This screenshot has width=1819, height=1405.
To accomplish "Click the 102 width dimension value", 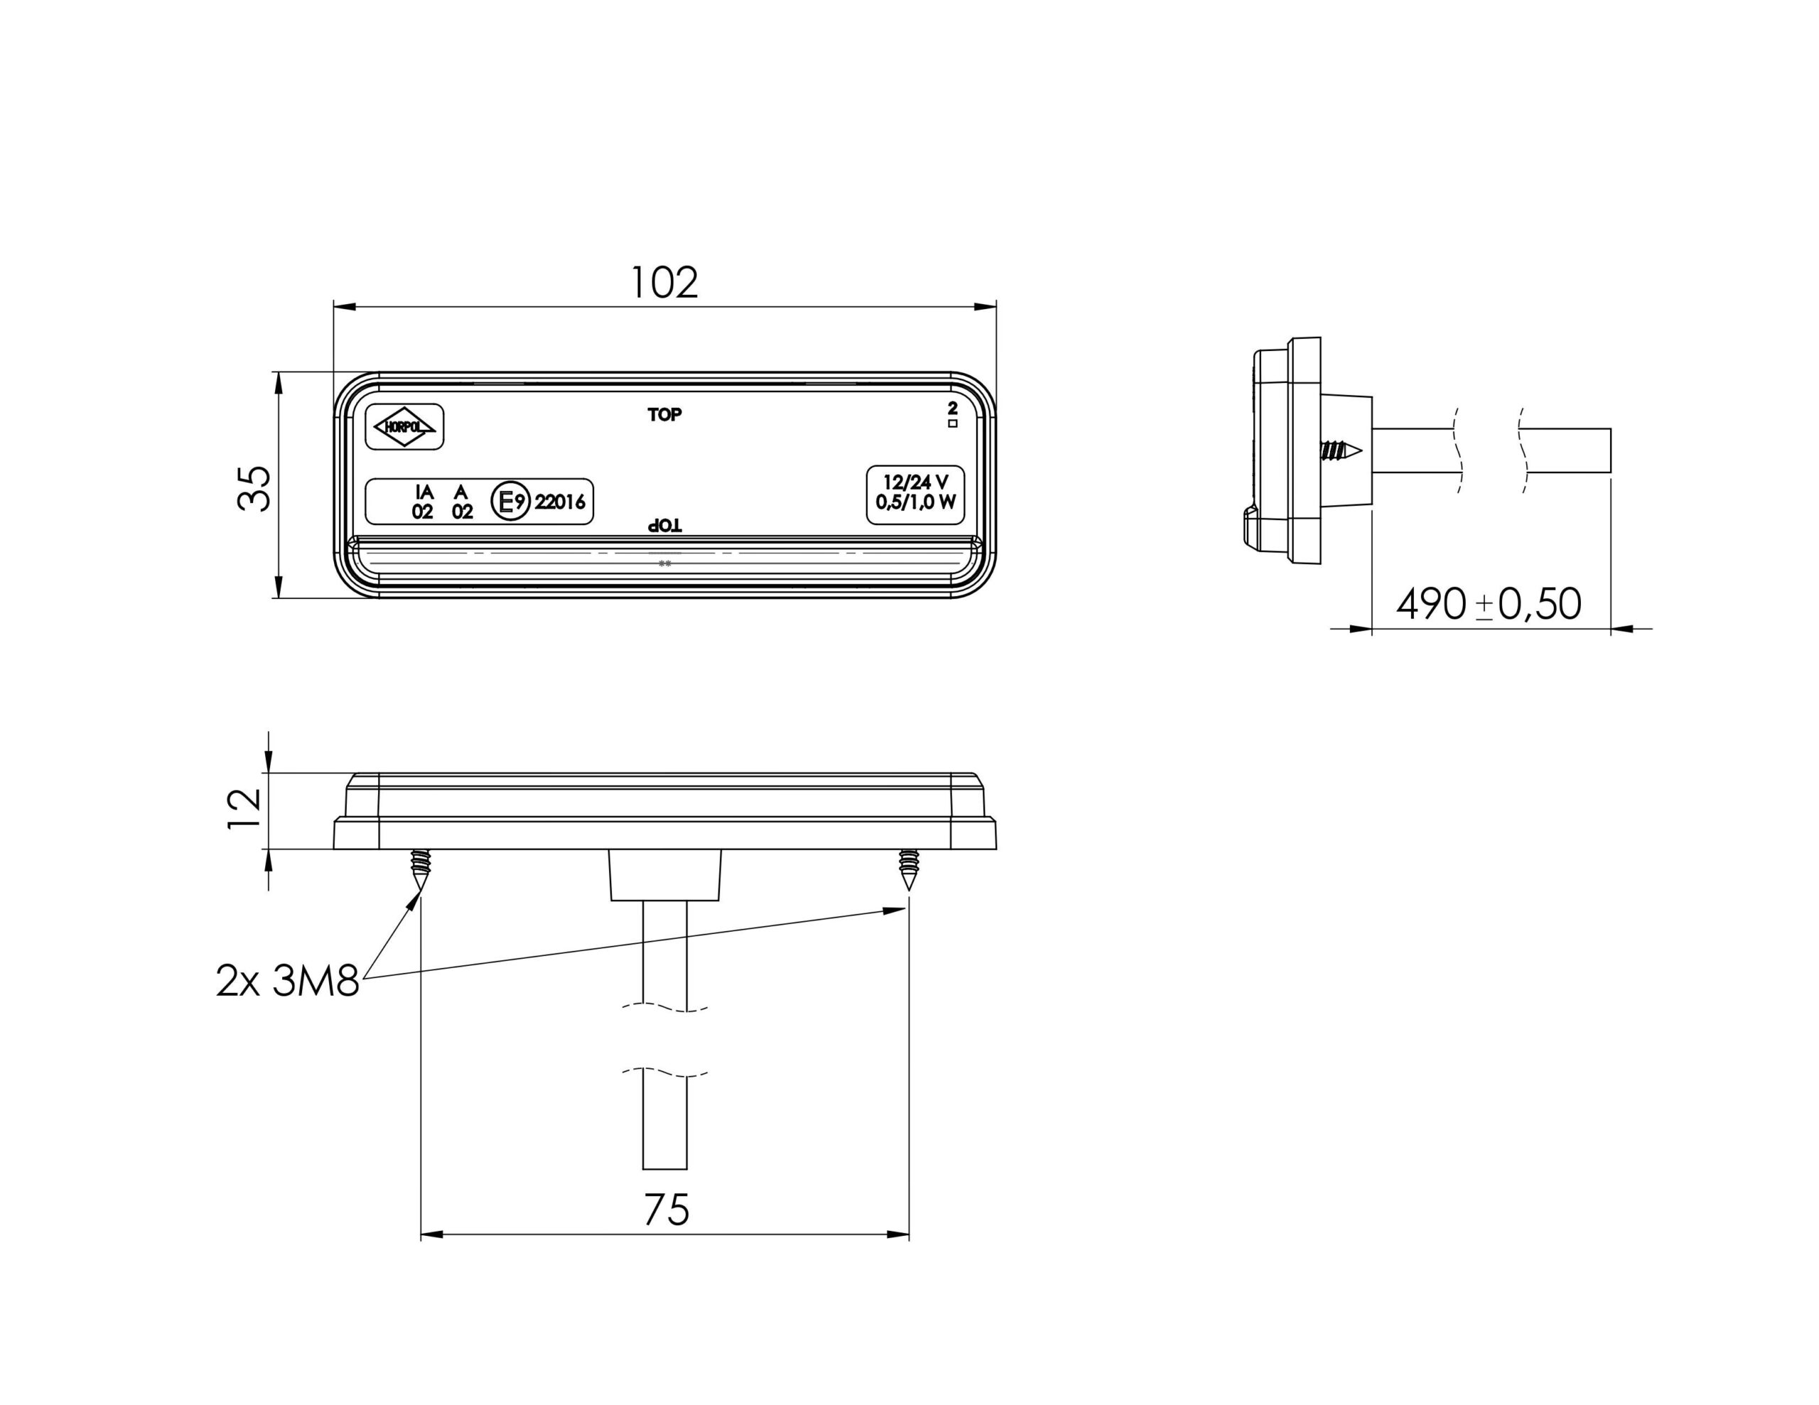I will pyautogui.click(x=664, y=283).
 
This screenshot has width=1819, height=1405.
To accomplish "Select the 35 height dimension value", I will pyautogui.click(x=255, y=488).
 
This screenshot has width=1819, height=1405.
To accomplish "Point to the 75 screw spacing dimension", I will pyautogui.click(x=666, y=1210).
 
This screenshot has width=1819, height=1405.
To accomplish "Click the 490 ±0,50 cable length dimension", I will pyautogui.click(x=1489, y=604).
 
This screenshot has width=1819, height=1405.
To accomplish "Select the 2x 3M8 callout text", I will pyautogui.click(x=287, y=981).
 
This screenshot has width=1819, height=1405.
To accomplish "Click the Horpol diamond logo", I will pyautogui.click(x=405, y=426).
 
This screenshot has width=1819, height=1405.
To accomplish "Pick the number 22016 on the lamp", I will pyautogui.click(x=560, y=502).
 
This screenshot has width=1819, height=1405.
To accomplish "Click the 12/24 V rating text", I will pyautogui.click(x=915, y=482).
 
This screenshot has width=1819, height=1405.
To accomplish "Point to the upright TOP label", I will pyautogui.click(x=664, y=414).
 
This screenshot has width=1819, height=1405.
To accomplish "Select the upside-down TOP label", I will pyautogui.click(x=664, y=526).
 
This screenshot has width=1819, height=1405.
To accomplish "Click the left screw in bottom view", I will pyautogui.click(x=421, y=869).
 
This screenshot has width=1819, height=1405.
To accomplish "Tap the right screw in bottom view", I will pyautogui.click(x=908, y=869).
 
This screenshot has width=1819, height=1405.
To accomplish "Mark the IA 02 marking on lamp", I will pyautogui.click(x=423, y=502).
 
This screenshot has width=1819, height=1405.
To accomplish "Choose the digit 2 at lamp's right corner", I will pyautogui.click(x=953, y=408).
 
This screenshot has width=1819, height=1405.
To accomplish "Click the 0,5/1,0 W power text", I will pyautogui.click(x=915, y=503).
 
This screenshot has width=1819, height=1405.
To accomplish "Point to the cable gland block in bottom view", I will pyautogui.click(x=664, y=874).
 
